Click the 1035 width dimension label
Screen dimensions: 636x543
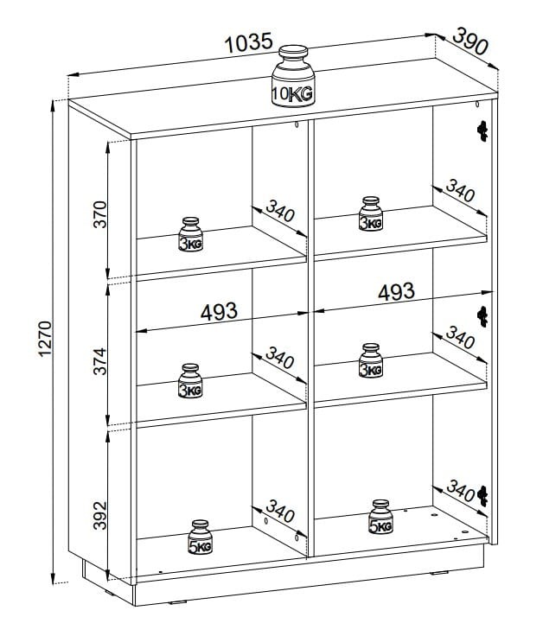click(249, 42)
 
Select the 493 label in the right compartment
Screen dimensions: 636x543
click(396, 291)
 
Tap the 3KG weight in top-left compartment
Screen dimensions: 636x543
click(190, 235)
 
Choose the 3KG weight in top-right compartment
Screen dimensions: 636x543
click(370, 215)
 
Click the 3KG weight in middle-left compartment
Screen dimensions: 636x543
click(190, 382)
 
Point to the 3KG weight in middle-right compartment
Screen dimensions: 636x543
click(370, 362)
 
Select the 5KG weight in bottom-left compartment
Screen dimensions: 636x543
click(201, 537)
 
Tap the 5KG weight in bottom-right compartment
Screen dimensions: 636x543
click(380, 517)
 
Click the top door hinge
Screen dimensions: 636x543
click(482, 130)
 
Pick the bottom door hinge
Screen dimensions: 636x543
click(483, 493)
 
